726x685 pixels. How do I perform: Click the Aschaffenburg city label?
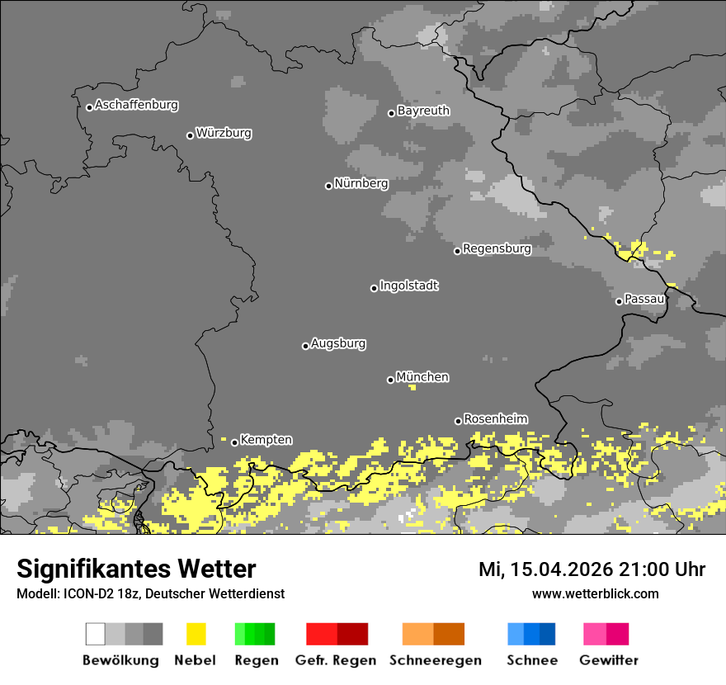[x=136, y=106]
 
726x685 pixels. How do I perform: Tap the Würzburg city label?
[x=224, y=133]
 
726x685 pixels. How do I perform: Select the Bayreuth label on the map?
[x=423, y=111]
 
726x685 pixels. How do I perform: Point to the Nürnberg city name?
[x=361, y=184]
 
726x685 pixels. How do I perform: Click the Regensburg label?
[x=497, y=248]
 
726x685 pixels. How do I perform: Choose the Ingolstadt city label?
[x=408, y=286]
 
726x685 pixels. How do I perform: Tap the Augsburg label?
[x=338, y=344]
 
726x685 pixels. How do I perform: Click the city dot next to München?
[x=390, y=380]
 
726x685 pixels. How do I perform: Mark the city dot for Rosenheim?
[x=458, y=421]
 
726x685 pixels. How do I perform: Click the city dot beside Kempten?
[x=234, y=442]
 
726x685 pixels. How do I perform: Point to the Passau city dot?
[x=619, y=301]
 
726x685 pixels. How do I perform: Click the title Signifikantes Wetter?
[x=136, y=569]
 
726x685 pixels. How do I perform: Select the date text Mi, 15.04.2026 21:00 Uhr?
[x=592, y=569]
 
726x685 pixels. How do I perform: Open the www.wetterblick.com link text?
[x=595, y=593]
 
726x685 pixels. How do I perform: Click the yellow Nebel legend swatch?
[x=196, y=634]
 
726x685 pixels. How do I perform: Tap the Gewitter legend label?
[x=609, y=660]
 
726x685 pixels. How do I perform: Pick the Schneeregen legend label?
[x=435, y=660]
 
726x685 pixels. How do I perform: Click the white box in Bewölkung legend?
[x=96, y=634]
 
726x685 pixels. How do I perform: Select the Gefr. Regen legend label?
[x=335, y=660]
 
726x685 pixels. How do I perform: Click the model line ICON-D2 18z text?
[x=150, y=593]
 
